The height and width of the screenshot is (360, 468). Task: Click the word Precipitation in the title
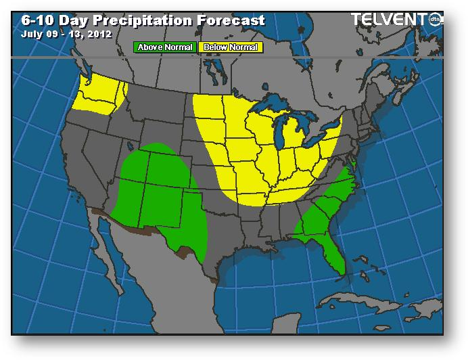tap(139, 20)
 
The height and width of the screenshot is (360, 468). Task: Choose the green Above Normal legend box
tap(165, 47)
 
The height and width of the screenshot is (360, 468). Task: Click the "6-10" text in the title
tap(34, 20)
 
